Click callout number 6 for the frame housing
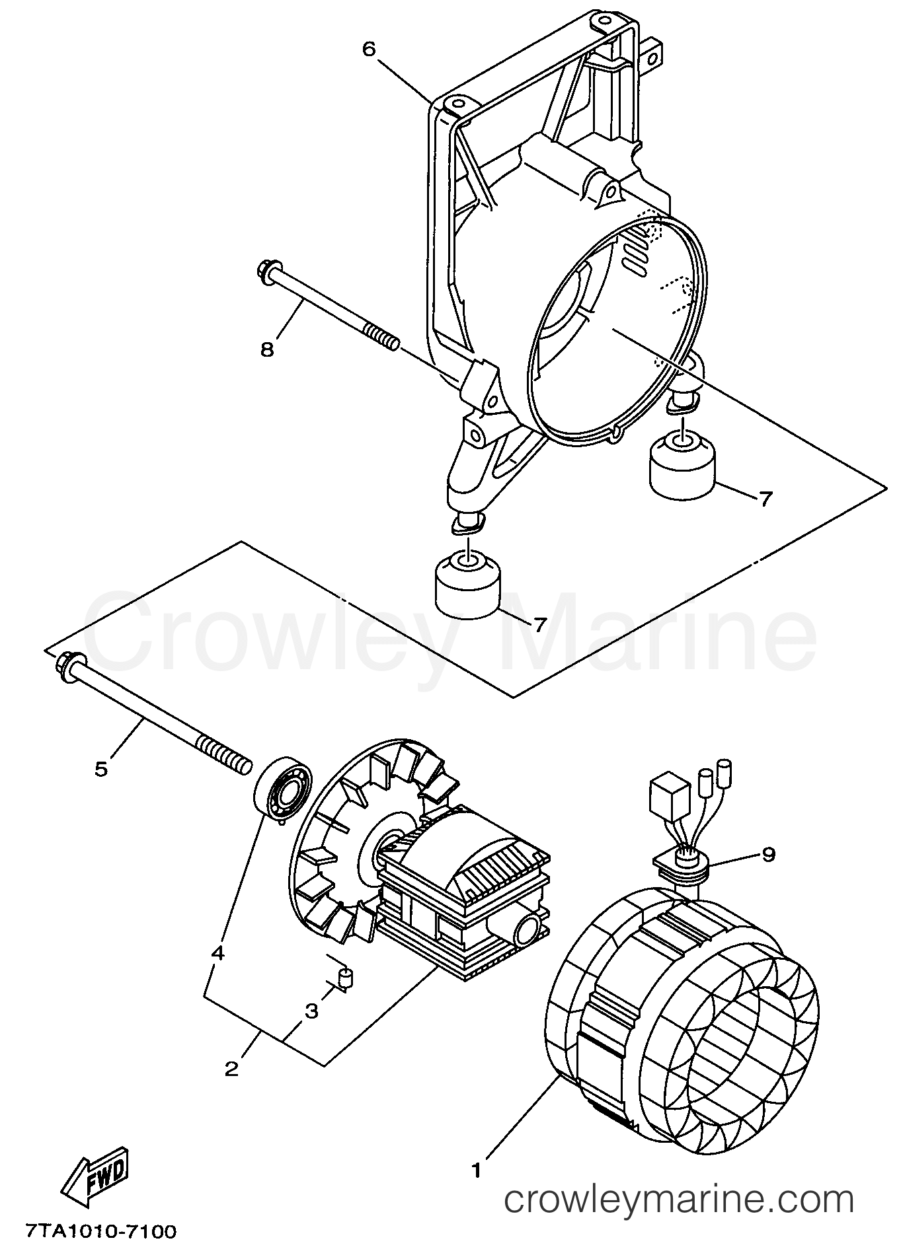[369, 49]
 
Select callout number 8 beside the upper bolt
[267, 348]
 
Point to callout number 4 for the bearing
[218, 954]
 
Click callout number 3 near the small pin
[311, 1011]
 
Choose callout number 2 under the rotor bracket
[231, 1069]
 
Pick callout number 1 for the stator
[477, 1170]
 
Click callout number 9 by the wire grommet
[767, 854]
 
